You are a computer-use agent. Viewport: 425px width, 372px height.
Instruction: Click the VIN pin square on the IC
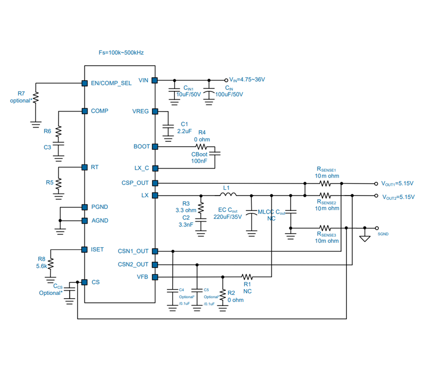coord(155,80)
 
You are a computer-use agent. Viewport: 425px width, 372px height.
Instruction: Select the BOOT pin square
coord(155,147)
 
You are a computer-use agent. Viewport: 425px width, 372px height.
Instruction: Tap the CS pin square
coord(84,282)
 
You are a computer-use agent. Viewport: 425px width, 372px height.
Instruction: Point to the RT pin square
coord(84,167)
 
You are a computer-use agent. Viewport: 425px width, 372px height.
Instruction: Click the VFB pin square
coord(155,277)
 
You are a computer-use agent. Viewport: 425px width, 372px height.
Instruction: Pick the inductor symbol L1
coord(228,194)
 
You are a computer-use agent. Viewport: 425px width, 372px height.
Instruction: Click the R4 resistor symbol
coord(201,147)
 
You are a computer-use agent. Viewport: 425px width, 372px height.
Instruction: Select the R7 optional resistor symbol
coord(36,97)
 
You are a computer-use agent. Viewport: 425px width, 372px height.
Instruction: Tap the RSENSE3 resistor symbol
coord(325,228)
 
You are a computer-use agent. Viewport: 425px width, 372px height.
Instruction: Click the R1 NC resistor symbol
coord(247,277)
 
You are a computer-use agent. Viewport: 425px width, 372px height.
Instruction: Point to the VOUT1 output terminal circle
coord(376,184)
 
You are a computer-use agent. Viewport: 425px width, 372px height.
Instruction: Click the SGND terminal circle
coord(377,228)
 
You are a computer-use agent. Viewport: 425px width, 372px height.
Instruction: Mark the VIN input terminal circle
coord(226,80)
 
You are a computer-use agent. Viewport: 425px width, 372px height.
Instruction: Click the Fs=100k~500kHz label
coord(121,53)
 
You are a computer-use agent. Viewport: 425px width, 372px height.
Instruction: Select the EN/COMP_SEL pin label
coord(111,83)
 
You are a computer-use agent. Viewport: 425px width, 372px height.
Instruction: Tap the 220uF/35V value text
coord(228,217)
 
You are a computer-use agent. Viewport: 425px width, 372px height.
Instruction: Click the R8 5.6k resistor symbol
coord(50,264)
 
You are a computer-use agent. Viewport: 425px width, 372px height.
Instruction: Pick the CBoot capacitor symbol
coord(215,154)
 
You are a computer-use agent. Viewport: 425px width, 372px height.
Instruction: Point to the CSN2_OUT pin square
coord(155,265)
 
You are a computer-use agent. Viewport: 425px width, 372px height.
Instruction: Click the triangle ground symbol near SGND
coord(365,239)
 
